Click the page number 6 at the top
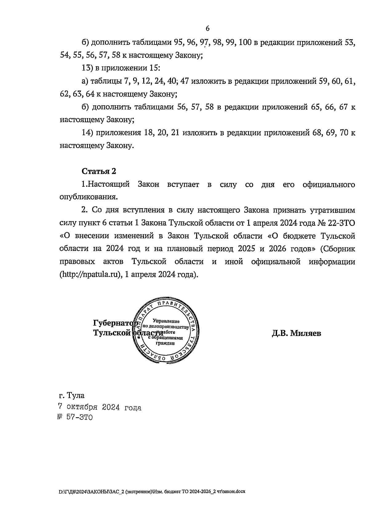(207, 29)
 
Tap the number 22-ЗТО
(342, 223)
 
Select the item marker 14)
(88, 133)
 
